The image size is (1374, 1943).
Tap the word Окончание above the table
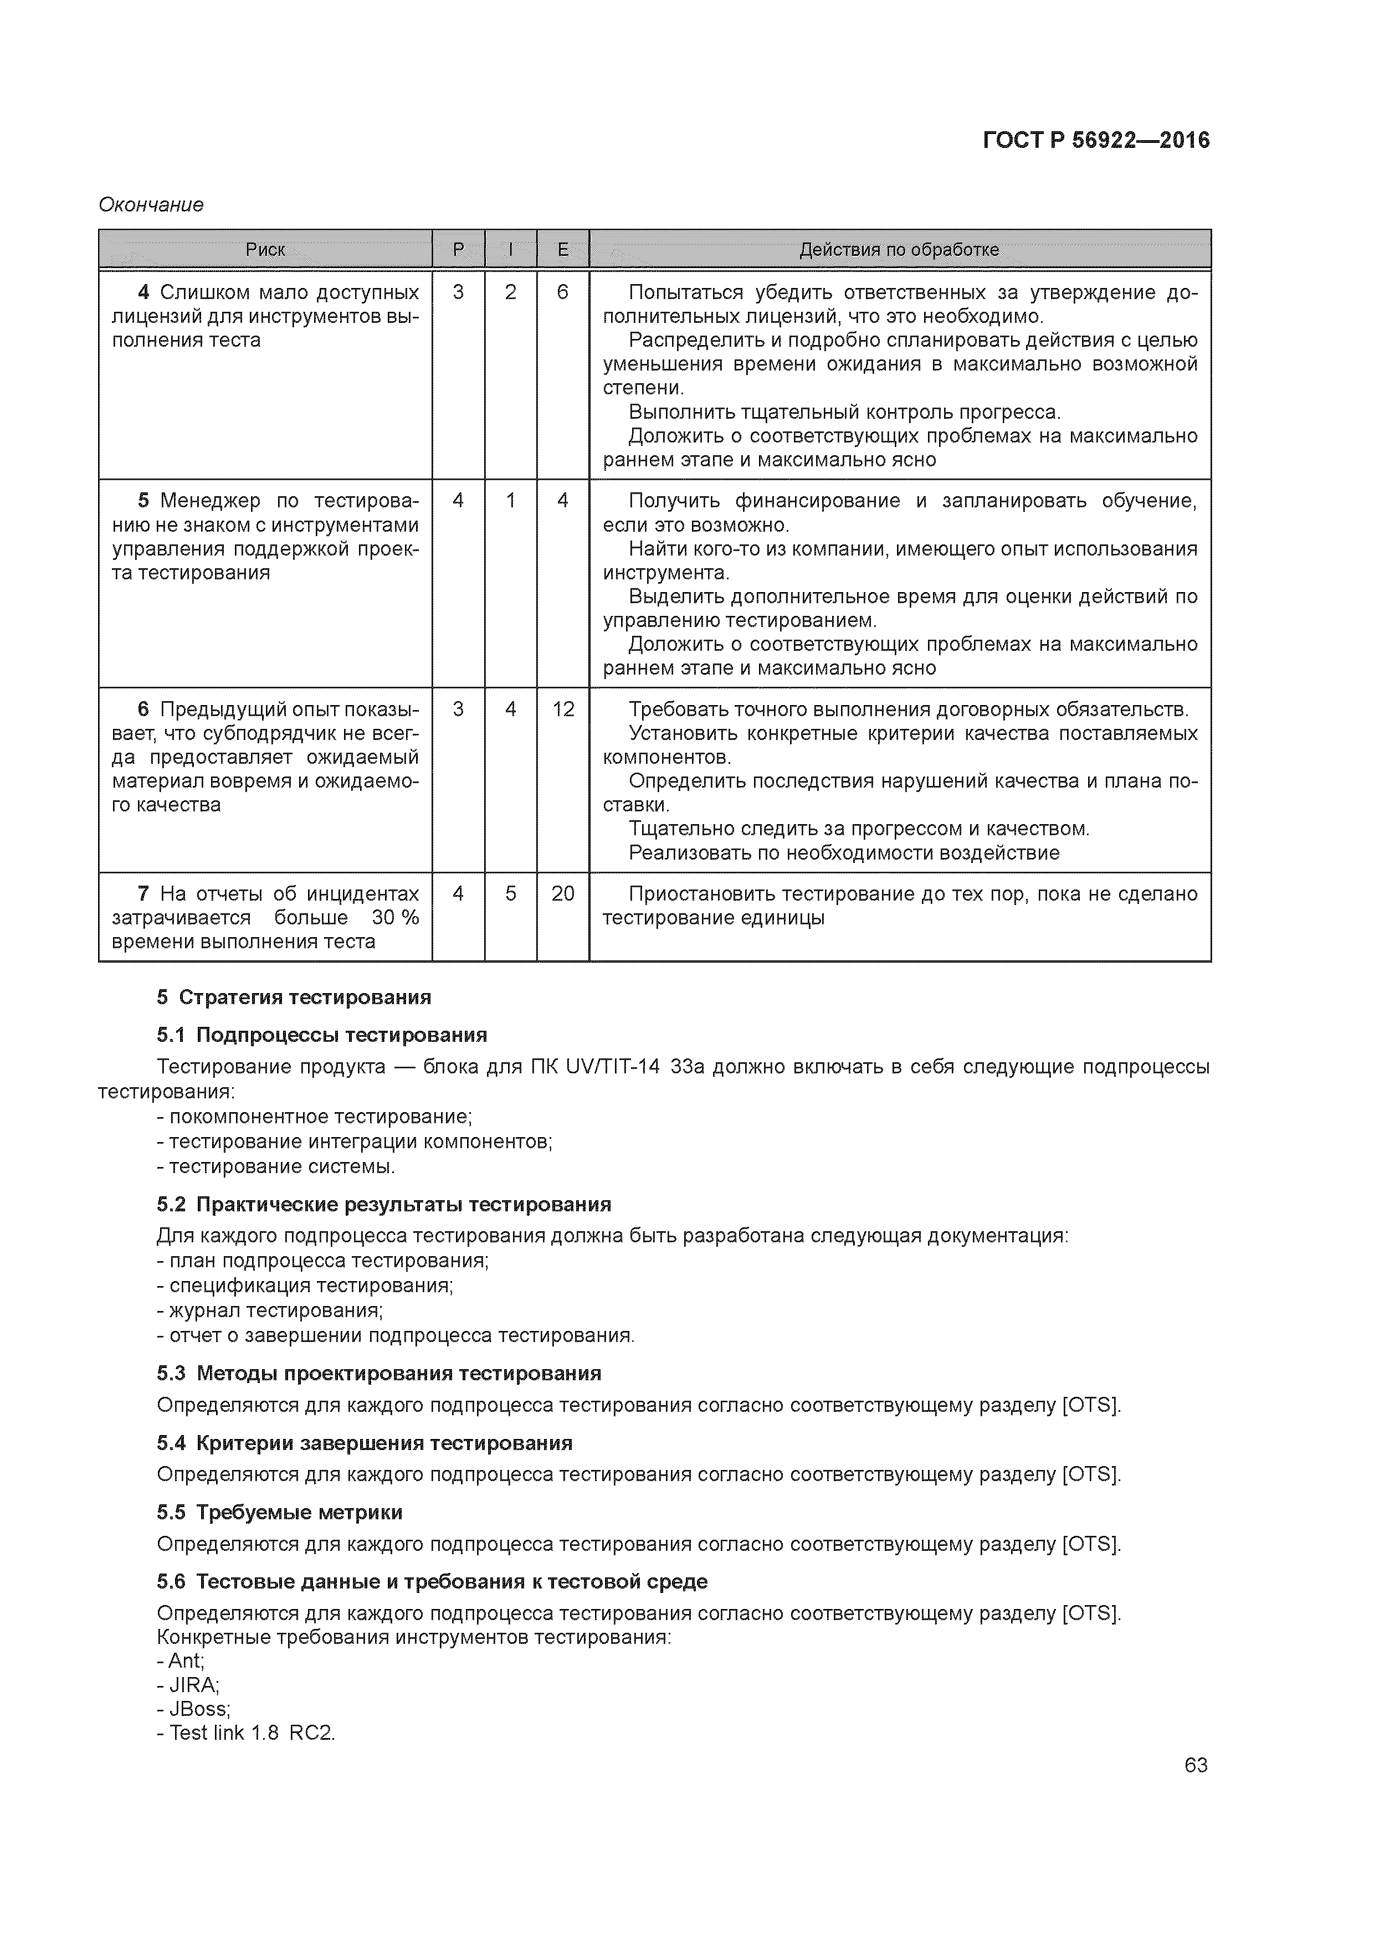(151, 205)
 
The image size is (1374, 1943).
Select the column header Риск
(265, 250)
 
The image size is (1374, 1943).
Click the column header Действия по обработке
(899, 250)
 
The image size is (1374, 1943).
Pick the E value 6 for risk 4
(562, 293)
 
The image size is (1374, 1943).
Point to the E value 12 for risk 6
(563, 709)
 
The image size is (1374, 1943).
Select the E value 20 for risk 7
(563, 893)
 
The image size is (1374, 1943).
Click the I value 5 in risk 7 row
(510, 893)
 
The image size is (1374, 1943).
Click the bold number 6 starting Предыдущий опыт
(143, 709)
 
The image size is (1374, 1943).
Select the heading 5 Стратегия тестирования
(293, 997)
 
